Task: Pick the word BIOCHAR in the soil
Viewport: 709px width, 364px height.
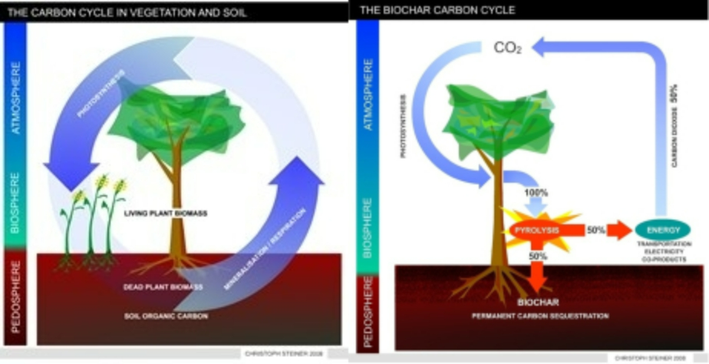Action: click(x=537, y=302)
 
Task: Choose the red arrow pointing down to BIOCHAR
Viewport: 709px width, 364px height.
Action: click(x=539, y=275)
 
